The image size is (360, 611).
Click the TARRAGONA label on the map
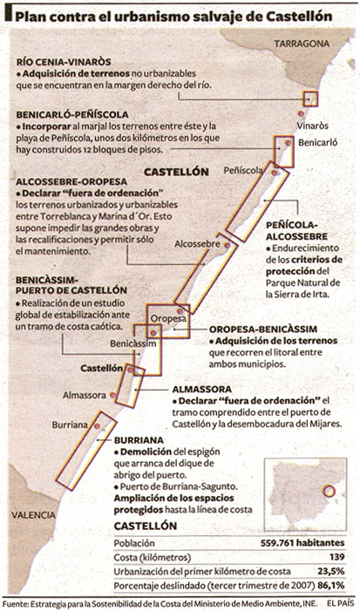pos(302,44)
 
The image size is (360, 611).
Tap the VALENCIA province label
pos(33,515)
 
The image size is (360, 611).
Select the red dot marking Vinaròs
pos(301,113)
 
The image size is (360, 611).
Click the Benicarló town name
pos(318,143)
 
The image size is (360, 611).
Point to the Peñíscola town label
pos(243,170)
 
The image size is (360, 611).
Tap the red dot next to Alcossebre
pos(228,246)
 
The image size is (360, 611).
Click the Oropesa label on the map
pos(168,319)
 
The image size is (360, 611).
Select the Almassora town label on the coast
pos(85,395)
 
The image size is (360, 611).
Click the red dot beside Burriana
pos(97,426)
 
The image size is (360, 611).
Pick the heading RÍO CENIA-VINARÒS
pos(64,62)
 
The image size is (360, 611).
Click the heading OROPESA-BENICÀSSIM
pos(263,329)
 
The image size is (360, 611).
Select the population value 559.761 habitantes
pos(302,543)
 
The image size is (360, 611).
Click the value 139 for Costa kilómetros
pos(337,557)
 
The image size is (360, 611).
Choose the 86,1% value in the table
pos(332,586)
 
